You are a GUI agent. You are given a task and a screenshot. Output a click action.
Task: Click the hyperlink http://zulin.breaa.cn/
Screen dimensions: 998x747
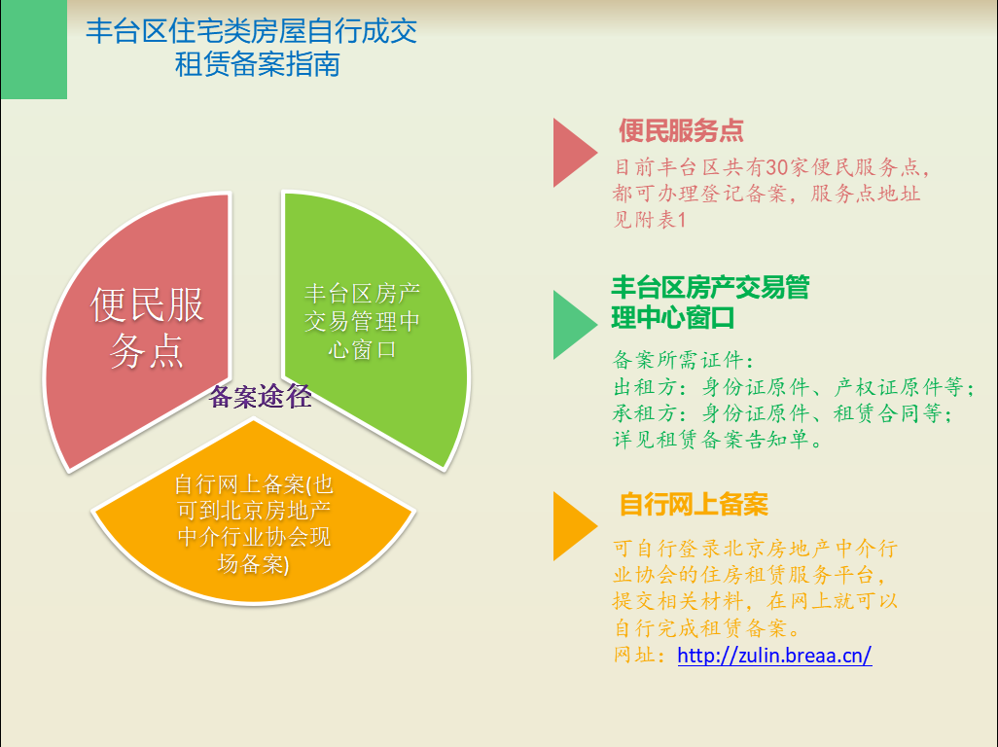click(774, 655)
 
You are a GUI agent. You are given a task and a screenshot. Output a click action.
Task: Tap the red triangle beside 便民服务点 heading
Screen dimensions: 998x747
click(572, 153)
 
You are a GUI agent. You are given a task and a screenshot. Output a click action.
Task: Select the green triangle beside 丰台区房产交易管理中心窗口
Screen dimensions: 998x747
click(572, 325)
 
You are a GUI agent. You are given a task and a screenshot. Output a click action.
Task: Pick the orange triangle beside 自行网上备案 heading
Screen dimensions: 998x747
click(572, 526)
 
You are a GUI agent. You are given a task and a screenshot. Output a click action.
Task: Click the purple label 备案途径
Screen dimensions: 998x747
click(260, 397)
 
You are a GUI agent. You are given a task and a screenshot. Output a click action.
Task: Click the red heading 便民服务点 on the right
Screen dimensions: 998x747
click(681, 130)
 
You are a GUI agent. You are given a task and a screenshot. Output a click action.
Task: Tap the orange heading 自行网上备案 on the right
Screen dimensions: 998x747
click(694, 504)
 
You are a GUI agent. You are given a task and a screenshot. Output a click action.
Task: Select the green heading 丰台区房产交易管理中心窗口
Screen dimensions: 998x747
click(710, 302)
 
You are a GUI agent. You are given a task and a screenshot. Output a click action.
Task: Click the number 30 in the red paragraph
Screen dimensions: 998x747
click(776, 167)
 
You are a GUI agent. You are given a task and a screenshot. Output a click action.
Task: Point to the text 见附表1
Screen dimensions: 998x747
click(650, 220)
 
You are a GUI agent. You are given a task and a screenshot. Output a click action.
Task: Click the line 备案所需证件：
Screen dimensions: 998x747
click(684, 360)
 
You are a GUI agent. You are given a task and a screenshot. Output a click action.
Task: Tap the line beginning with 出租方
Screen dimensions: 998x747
click(794, 387)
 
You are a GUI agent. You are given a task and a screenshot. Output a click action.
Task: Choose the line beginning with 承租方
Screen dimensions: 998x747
click(783, 413)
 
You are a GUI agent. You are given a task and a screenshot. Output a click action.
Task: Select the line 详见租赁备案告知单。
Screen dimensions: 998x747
click(718, 440)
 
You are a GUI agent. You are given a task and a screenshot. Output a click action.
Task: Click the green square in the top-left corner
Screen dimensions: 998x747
click(34, 50)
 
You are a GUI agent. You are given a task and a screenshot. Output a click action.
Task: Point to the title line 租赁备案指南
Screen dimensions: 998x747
click(257, 65)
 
